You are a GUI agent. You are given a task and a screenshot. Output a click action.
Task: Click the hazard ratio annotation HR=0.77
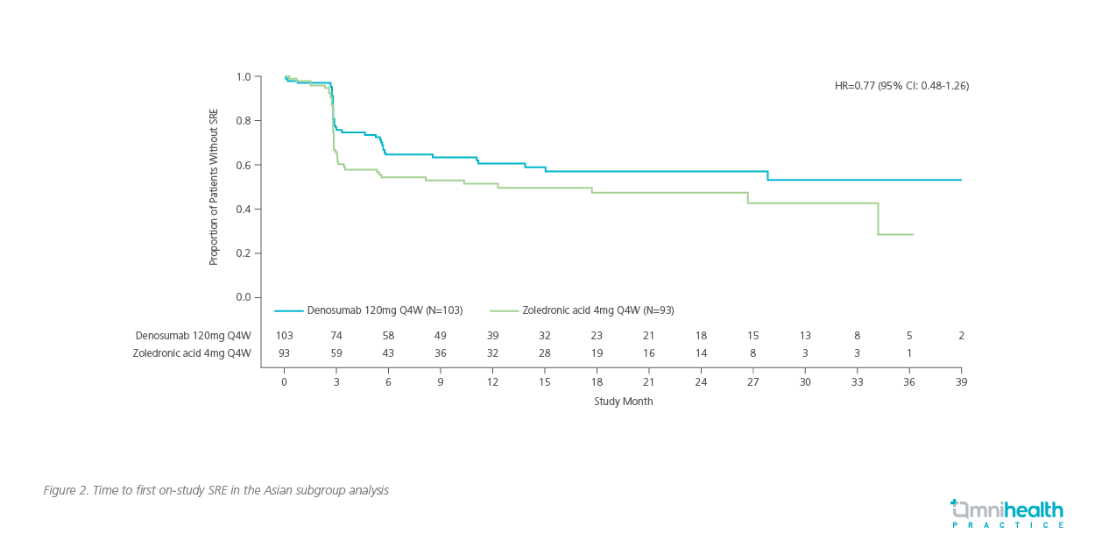click(901, 86)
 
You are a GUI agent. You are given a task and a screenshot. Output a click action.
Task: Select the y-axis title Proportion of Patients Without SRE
click(213, 187)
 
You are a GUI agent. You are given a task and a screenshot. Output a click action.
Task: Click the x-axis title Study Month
click(623, 402)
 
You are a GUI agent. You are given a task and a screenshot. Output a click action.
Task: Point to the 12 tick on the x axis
click(492, 382)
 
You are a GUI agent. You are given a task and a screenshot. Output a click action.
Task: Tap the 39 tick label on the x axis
click(961, 382)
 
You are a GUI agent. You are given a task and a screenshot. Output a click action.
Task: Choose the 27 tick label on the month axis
click(752, 382)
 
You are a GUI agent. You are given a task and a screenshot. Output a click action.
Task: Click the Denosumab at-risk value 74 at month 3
click(336, 336)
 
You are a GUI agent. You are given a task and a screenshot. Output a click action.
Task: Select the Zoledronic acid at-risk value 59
click(336, 353)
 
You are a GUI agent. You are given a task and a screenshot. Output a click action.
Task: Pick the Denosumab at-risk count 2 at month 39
click(961, 336)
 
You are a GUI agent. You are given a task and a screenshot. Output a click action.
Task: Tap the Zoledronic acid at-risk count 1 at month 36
click(909, 353)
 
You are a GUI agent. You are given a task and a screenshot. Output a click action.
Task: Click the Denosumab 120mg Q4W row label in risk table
click(193, 336)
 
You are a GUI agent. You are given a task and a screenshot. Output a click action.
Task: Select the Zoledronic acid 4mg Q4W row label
click(192, 353)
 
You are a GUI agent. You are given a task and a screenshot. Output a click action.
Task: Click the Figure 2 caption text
click(215, 490)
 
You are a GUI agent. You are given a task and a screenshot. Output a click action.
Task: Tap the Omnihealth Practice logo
click(1007, 513)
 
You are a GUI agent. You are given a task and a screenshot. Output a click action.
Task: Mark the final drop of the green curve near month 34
click(878, 219)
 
